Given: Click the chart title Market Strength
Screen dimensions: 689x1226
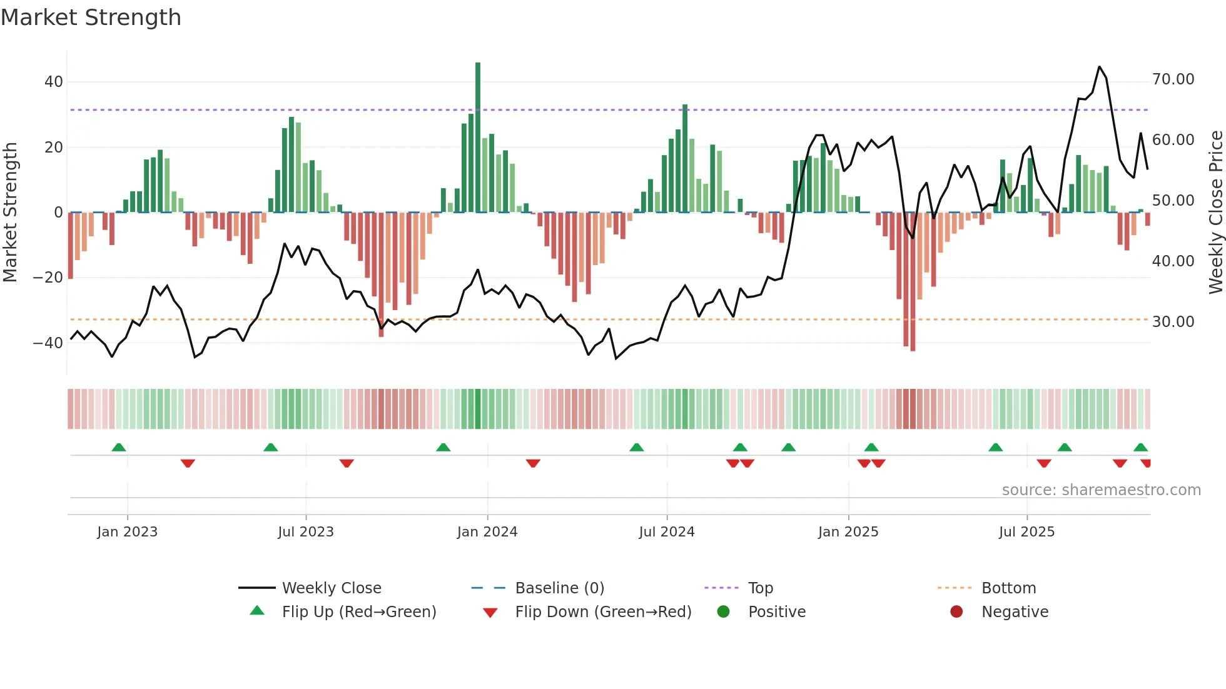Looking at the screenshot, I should click(x=91, y=18).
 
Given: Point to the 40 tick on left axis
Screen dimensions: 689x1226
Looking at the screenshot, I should click(x=54, y=82).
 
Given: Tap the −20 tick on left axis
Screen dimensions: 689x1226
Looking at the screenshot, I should click(x=48, y=278).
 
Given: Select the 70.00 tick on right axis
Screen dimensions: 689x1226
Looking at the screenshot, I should click(x=1173, y=79).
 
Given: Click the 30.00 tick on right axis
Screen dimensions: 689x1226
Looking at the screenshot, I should click(x=1173, y=322).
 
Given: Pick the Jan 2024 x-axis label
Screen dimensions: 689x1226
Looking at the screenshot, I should click(x=487, y=532).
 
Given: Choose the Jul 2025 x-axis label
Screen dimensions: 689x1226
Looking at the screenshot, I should click(x=1026, y=532).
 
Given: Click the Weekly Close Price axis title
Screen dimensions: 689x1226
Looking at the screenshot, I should click(x=1215, y=213).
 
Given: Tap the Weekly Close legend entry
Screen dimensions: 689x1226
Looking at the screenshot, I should click(x=331, y=588).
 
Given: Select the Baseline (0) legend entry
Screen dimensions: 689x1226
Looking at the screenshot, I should click(x=559, y=588).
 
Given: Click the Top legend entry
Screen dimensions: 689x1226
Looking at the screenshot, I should click(x=761, y=588).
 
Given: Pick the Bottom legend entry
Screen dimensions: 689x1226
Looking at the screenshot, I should click(x=1008, y=588).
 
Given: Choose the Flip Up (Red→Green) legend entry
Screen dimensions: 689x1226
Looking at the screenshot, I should click(x=358, y=612).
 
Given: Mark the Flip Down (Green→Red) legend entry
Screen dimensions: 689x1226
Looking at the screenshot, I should click(x=603, y=612).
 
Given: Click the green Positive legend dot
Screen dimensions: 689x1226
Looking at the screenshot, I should click(x=724, y=612).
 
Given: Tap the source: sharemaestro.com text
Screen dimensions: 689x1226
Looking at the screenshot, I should click(x=1101, y=490).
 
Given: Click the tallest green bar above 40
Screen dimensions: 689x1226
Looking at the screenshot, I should click(x=478, y=138).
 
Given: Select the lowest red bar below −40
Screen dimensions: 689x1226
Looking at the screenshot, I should click(x=913, y=281).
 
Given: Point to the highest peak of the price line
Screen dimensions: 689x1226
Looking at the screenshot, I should click(x=1100, y=67).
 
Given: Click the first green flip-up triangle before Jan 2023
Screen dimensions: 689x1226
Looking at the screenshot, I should click(x=119, y=447).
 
